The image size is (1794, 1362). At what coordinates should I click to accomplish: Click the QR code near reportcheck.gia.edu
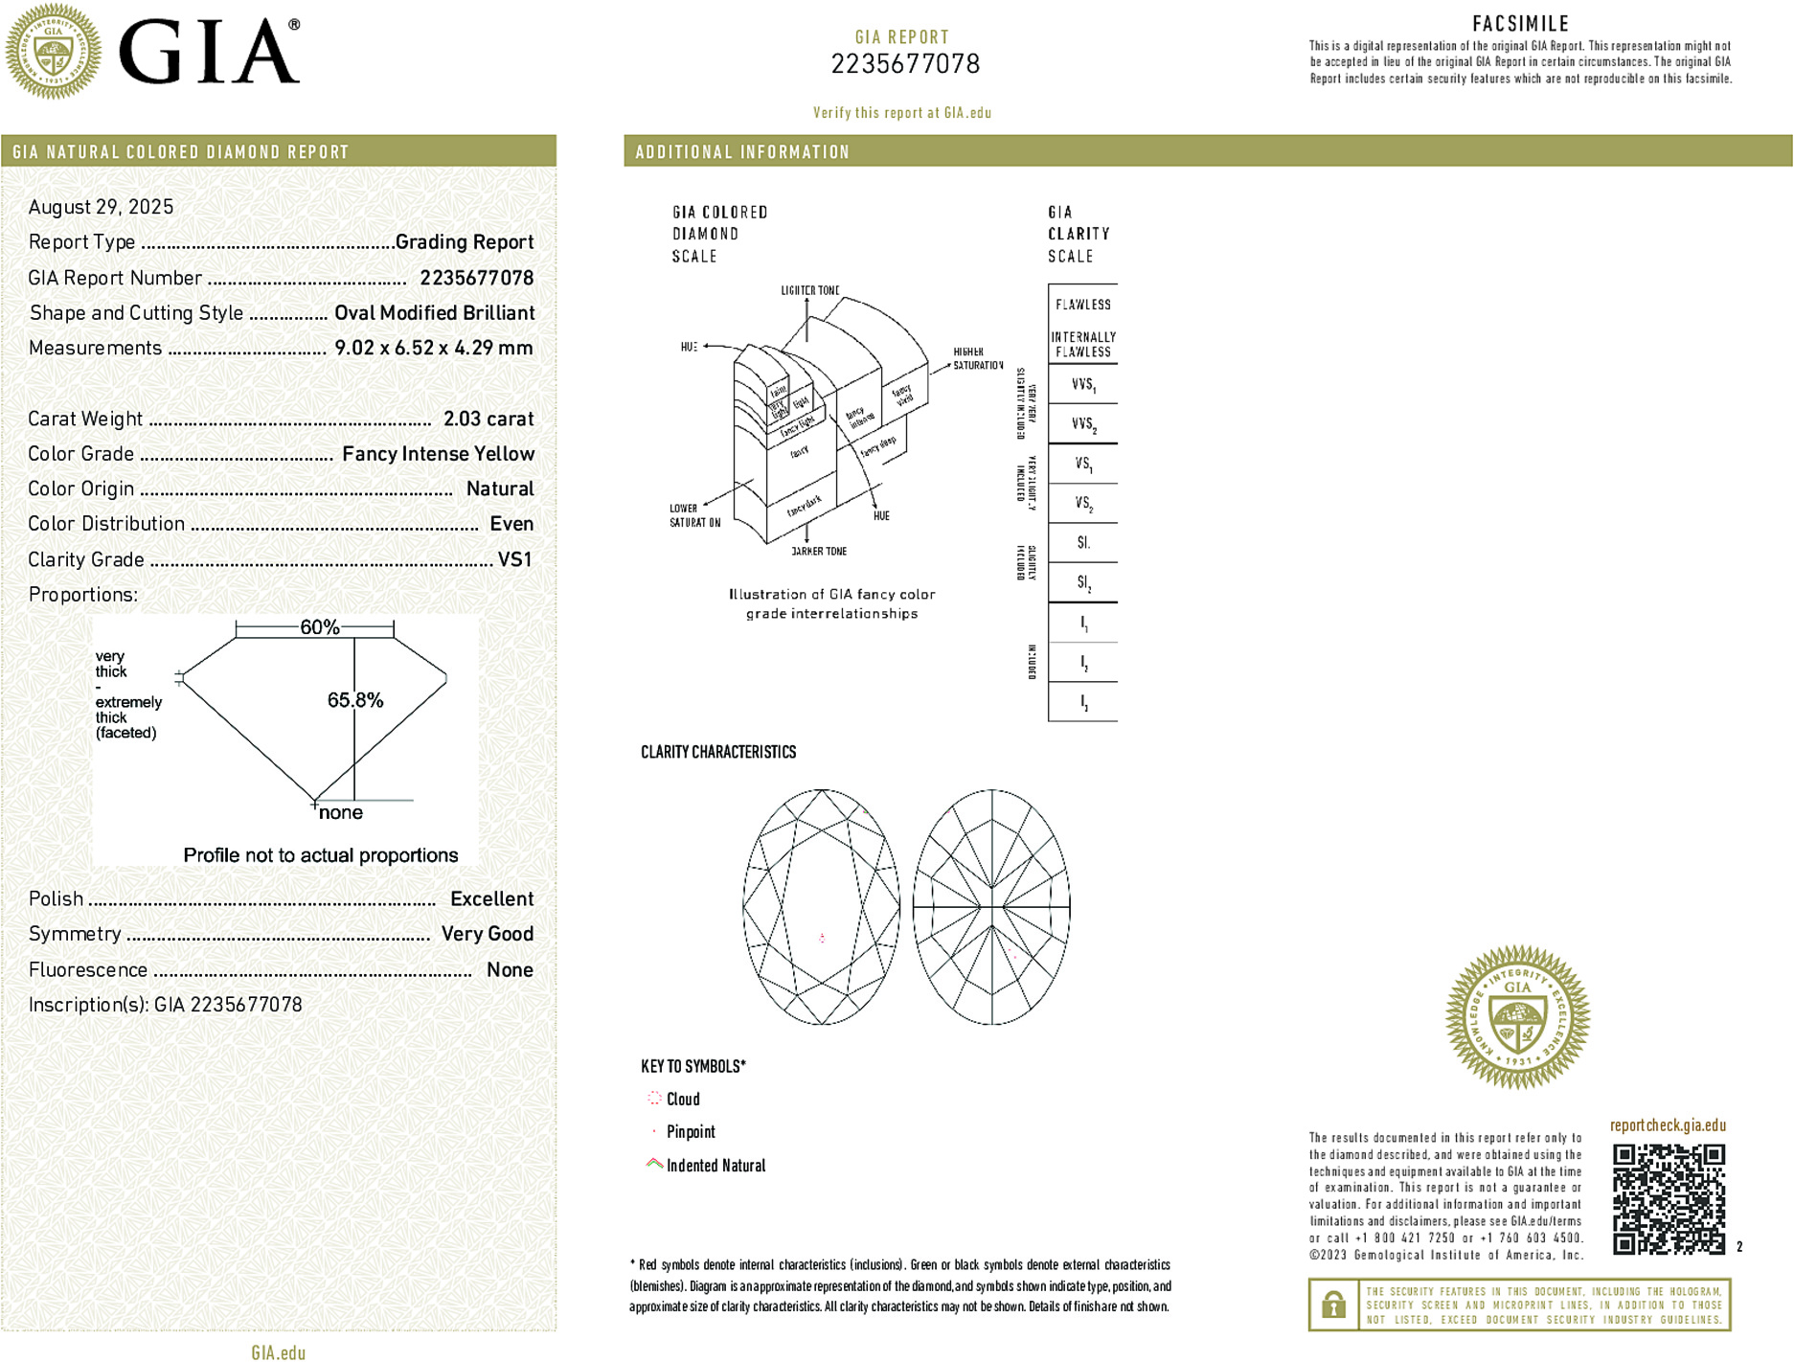1669,1198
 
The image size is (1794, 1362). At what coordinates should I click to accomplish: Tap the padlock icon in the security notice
1333,1305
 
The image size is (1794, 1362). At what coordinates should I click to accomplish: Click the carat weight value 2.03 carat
488,419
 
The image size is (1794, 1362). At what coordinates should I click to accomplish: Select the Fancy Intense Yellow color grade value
438,454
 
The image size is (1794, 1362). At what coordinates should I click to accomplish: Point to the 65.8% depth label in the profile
355,700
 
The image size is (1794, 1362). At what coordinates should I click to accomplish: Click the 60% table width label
319,627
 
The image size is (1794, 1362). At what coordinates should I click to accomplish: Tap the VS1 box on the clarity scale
1083,465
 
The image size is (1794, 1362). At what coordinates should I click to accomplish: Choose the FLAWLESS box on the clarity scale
1083,305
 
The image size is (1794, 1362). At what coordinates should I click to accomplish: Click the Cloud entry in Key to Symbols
682,1100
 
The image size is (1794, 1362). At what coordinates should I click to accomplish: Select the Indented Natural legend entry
715,1166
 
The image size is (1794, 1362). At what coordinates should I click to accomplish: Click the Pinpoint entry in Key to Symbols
690,1132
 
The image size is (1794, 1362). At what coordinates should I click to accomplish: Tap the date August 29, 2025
102,207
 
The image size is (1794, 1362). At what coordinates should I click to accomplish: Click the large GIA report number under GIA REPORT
905,64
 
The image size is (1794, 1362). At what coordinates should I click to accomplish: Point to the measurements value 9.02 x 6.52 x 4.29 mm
434,348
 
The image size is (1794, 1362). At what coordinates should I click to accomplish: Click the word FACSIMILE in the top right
1520,24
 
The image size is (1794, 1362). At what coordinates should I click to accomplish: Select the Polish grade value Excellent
491,898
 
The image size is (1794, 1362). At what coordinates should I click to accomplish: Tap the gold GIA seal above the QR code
1517,1017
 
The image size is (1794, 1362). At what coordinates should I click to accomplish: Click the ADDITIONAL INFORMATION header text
742,152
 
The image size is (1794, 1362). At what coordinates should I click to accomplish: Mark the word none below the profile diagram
341,813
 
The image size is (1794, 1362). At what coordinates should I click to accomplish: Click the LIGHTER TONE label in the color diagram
810,290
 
